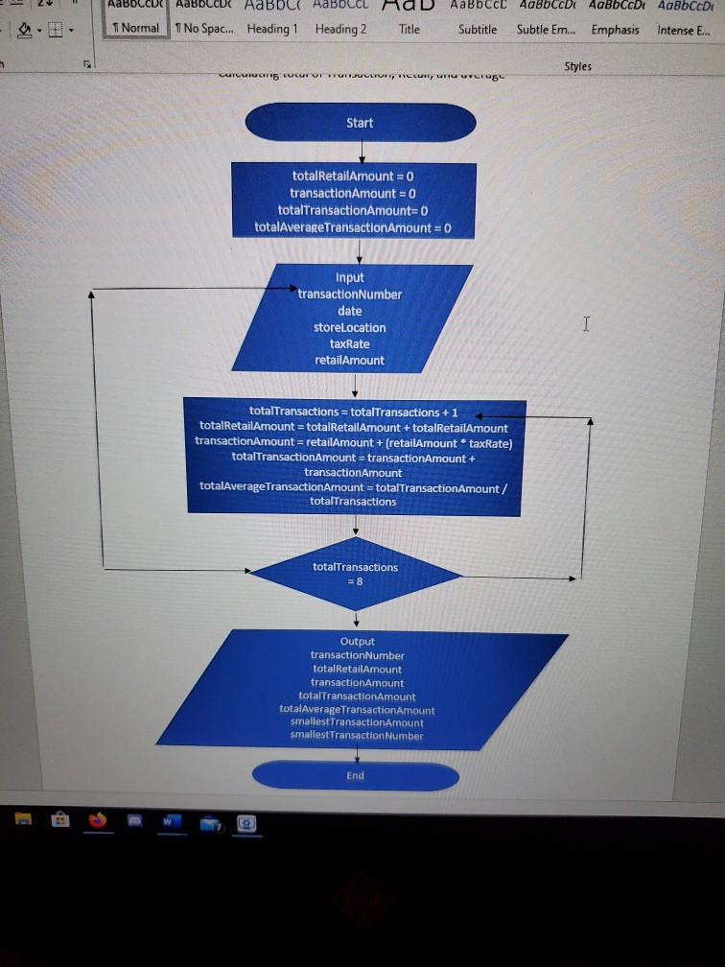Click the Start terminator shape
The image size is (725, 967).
pos(361,123)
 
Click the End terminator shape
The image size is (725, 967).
pos(356,776)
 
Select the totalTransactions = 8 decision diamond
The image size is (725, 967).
pos(355,573)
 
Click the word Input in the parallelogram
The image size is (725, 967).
pos(350,277)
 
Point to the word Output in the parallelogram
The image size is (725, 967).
pos(357,641)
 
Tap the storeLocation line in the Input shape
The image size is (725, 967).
pos(349,327)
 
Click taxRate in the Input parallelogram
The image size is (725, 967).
pos(349,343)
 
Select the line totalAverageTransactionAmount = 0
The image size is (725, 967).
pos(352,227)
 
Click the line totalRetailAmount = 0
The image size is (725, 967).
pos(352,176)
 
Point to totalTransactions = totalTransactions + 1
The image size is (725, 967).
pos(353,412)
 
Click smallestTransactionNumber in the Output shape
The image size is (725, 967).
pos(357,736)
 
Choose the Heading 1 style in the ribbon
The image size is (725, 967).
pos(272,29)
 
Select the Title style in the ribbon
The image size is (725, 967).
pos(409,29)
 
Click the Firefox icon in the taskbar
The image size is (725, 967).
pos(97,821)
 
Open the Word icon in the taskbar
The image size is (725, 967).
pos(172,821)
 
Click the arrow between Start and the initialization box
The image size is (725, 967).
pos(361,153)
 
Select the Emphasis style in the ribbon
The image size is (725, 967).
pos(615,29)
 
